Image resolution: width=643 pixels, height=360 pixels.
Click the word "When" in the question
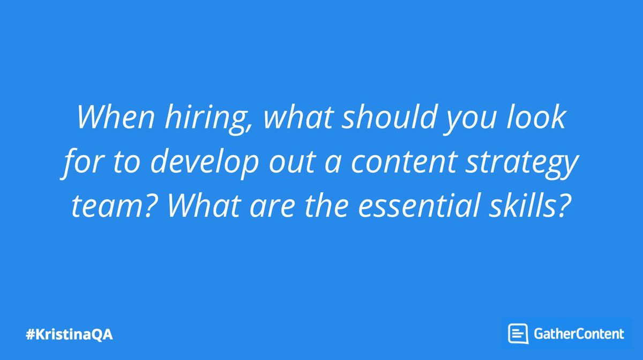coord(115,117)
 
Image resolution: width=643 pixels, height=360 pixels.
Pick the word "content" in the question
coord(403,162)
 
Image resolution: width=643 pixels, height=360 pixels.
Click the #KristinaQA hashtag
coord(70,335)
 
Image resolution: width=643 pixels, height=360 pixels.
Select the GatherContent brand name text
coord(579,334)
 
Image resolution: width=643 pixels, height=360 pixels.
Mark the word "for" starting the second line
coord(83,162)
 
